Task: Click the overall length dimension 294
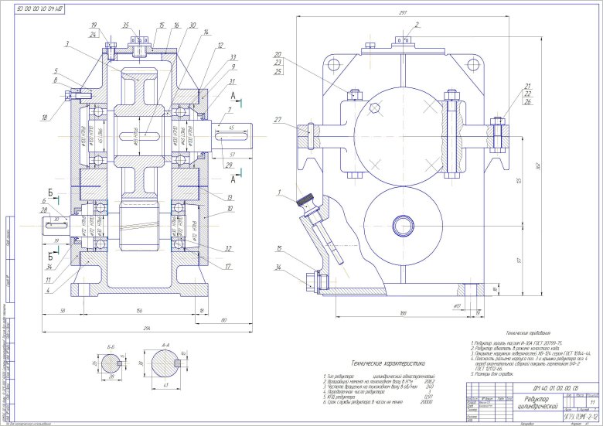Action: pyautogui.click(x=136, y=329)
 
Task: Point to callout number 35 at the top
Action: pyautogui.click(x=126, y=26)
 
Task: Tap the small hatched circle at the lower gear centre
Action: pyautogui.click(x=403, y=227)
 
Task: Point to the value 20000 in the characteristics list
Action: pyautogui.click(x=424, y=403)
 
